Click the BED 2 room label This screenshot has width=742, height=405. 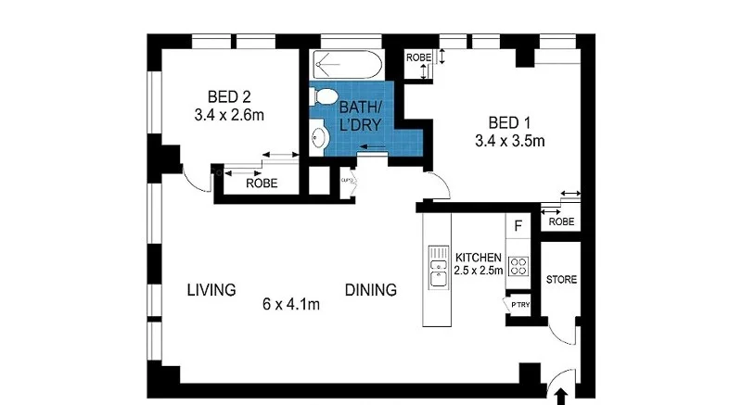click(x=229, y=96)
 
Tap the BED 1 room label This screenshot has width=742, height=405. click(x=509, y=122)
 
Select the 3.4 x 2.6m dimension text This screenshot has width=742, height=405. click(x=229, y=116)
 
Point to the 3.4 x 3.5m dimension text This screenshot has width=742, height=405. click(x=509, y=142)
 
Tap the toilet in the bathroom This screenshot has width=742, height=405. click(x=324, y=95)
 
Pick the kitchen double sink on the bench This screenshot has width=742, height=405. click(x=435, y=270)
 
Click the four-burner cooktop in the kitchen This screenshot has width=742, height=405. click(x=519, y=266)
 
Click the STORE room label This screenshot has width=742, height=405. click(x=561, y=280)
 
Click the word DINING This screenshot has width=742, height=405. click(x=371, y=289)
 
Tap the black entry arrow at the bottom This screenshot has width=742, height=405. click(x=560, y=396)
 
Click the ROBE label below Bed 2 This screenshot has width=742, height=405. click(x=262, y=184)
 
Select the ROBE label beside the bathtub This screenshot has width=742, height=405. click(x=418, y=57)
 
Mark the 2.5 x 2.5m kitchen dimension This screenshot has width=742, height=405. click(x=479, y=272)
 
